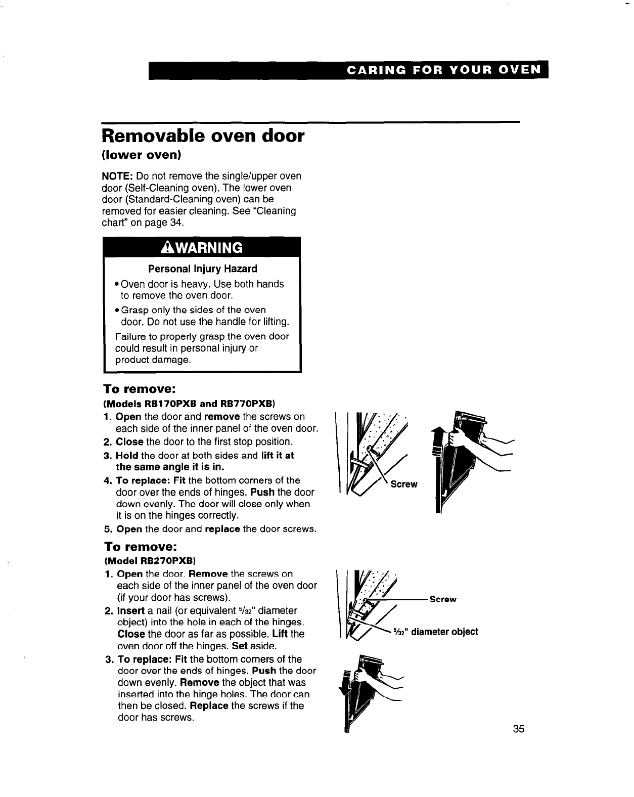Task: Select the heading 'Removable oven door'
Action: pos(203,136)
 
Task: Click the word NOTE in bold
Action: pos(117,176)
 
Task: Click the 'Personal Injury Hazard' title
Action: pos(202,269)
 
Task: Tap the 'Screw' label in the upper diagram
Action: pos(404,484)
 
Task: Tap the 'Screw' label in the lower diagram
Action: pos(443,599)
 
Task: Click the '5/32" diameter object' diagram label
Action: pos(435,632)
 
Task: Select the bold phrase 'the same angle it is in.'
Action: pos(170,466)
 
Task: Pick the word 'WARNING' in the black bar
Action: pos(209,248)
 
